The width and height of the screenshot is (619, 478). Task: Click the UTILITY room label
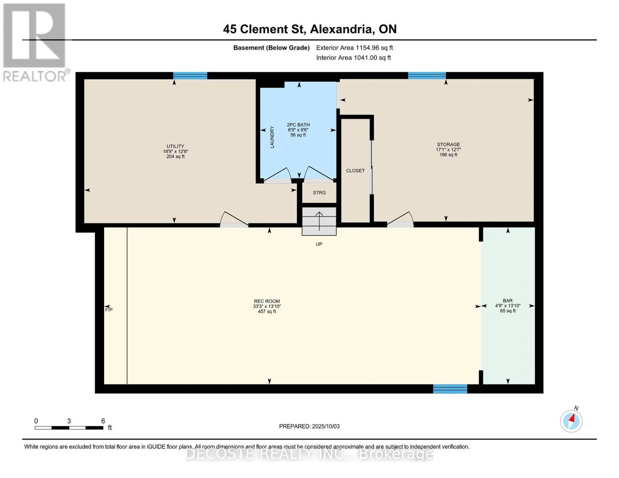[x=175, y=146]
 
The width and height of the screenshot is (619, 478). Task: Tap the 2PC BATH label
[x=298, y=125]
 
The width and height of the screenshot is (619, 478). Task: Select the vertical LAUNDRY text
[x=272, y=137]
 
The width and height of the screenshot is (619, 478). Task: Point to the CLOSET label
[x=355, y=170]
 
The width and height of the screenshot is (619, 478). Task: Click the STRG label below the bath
[x=319, y=193]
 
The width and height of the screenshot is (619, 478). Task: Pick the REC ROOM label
[x=267, y=301]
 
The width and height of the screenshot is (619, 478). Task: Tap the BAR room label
[x=508, y=301]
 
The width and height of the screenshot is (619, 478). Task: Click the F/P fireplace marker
[x=109, y=310]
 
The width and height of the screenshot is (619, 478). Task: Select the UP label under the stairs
[x=319, y=244]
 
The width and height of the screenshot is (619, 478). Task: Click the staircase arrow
[x=319, y=221]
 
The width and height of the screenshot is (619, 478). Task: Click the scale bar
[x=69, y=427]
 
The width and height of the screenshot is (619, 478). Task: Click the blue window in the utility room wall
[x=190, y=76]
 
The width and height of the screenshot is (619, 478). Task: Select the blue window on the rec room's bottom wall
[x=450, y=389]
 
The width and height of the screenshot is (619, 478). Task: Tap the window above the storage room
[x=427, y=75]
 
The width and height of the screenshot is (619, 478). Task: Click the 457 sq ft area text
[x=267, y=311]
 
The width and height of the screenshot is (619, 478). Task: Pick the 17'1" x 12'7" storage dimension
[x=448, y=150]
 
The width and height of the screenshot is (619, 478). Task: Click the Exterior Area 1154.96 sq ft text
[x=354, y=48]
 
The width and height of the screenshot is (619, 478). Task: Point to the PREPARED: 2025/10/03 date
[x=309, y=426]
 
